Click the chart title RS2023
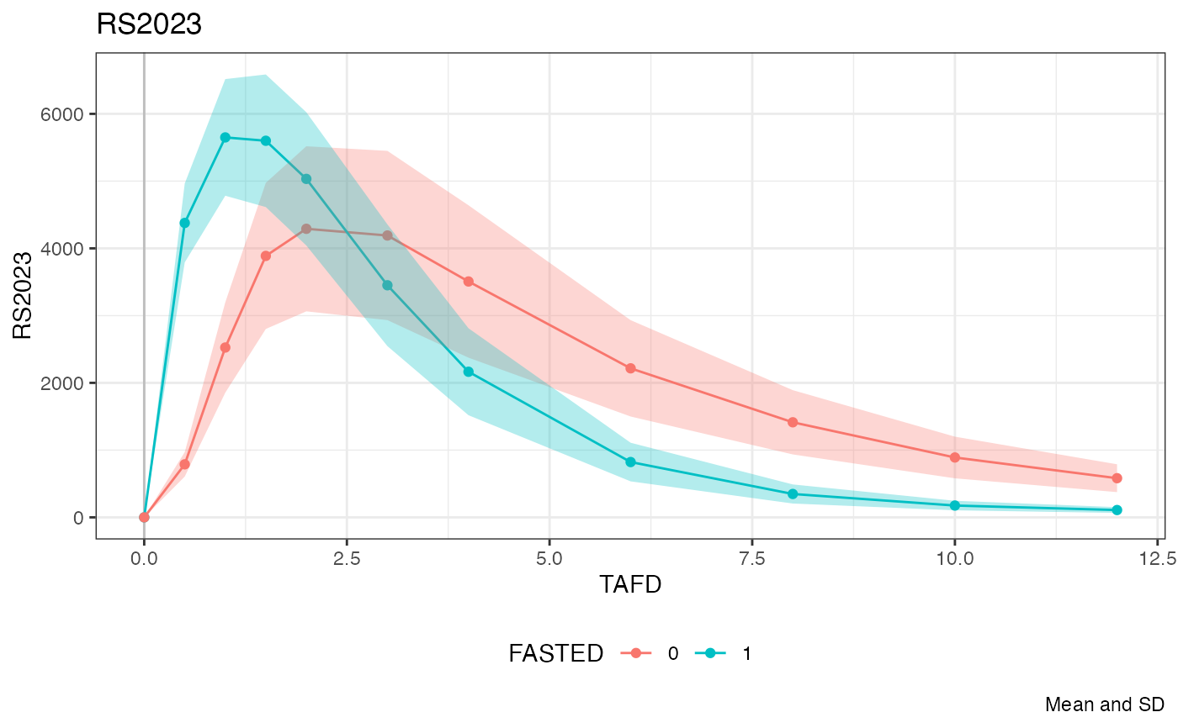(x=149, y=24)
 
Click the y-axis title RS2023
(x=23, y=294)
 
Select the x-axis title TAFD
(x=630, y=585)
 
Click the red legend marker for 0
(x=636, y=654)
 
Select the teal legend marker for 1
(x=710, y=654)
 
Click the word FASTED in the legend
(x=555, y=654)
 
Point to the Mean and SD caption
(x=1105, y=704)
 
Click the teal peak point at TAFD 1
(x=226, y=137)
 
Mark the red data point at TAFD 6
(x=630, y=368)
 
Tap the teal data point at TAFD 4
(x=469, y=372)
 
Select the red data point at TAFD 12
(x=1117, y=478)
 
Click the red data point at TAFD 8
(x=793, y=422)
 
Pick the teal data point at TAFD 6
(x=630, y=462)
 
